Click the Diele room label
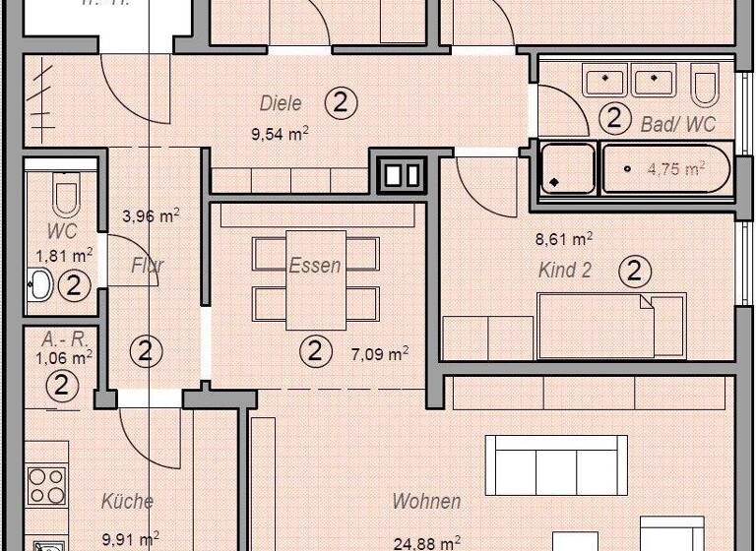pyautogui.click(x=281, y=103)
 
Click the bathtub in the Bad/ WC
pyautogui.click(x=666, y=169)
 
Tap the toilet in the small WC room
pyautogui.click(x=66, y=197)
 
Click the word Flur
pyautogui.click(x=148, y=266)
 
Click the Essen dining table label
pyautogui.click(x=315, y=266)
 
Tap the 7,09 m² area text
pyautogui.click(x=380, y=352)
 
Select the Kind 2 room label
pyautogui.click(x=565, y=271)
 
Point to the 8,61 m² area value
pyautogui.click(x=562, y=238)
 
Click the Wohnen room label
pyautogui.click(x=426, y=502)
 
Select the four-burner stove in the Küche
pyautogui.click(x=46, y=484)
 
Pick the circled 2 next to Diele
pyautogui.click(x=340, y=102)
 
